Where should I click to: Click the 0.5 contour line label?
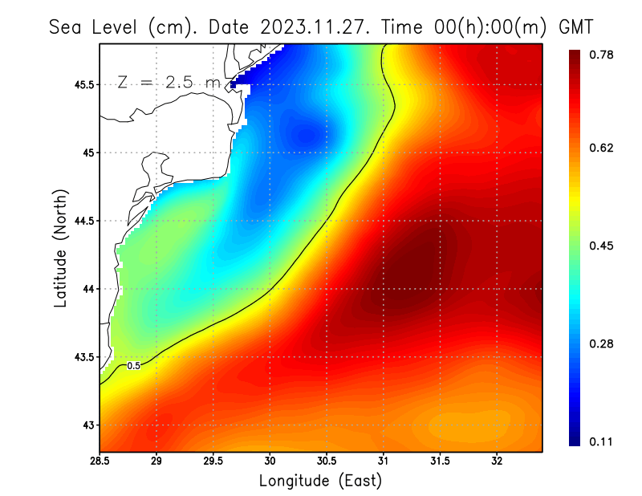point(134,366)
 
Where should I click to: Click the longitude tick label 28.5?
point(100,461)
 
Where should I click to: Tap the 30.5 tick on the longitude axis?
point(327,461)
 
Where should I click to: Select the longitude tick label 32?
point(497,461)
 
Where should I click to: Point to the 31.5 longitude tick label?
point(440,461)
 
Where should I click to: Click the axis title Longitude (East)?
point(320,481)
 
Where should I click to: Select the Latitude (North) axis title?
point(61,247)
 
